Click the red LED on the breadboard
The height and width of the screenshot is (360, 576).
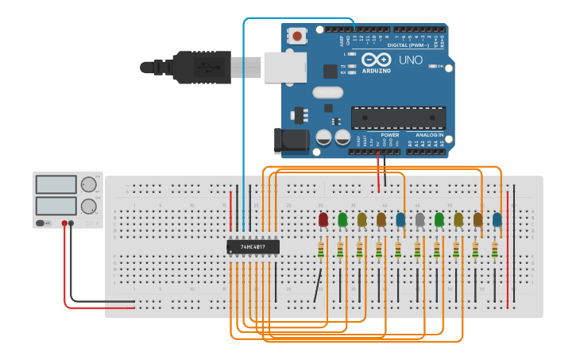[323, 219]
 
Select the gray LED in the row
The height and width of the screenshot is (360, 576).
[419, 219]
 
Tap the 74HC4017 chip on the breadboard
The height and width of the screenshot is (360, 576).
[253, 246]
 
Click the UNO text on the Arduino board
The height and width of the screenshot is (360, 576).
[410, 60]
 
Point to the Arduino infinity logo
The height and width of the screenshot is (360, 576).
[376, 60]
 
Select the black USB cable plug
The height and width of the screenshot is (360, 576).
[203, 67]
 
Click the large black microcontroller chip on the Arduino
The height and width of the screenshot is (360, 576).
[398, 118]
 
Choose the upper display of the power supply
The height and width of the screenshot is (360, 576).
[56, 184]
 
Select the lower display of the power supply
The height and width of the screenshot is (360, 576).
[56, 205]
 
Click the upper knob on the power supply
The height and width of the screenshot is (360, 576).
[88, 184]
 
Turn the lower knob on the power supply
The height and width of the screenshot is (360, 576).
[88, 205]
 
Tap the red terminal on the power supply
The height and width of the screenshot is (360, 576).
[64, 223]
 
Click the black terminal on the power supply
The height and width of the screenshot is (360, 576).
[72, 223]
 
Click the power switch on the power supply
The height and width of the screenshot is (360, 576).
[46, 223]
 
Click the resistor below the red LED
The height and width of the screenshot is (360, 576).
[321, 250]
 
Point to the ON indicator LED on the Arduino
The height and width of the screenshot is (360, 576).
[432, 66]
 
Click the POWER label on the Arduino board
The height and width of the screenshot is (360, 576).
[390, 135]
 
